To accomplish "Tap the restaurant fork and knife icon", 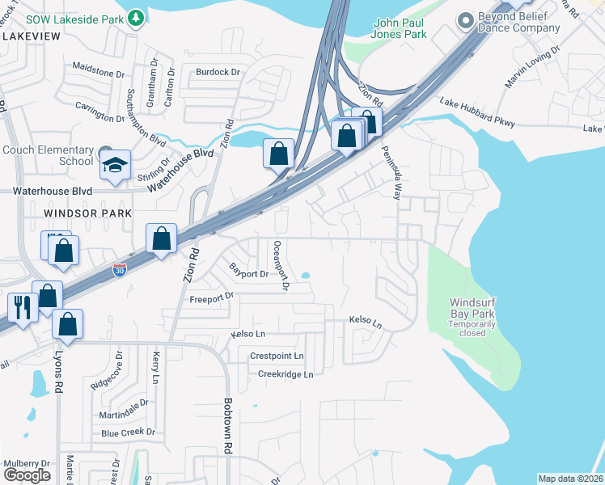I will [20, 307].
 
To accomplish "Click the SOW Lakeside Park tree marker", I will [137, 16].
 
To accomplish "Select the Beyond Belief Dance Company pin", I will [464, 19].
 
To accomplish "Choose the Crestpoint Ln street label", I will [277, 356].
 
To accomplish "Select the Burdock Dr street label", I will [218, 72].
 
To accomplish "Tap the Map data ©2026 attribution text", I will [569, 479].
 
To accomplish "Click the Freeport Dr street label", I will [211, 298].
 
